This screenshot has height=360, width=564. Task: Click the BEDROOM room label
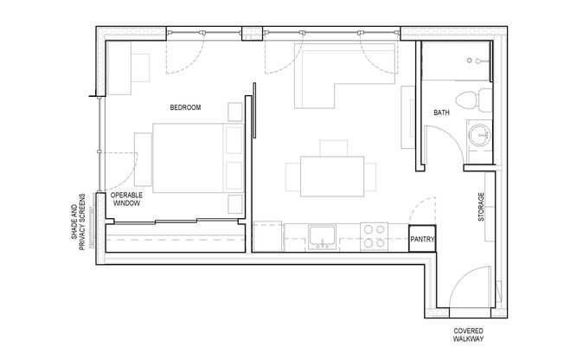(185, 107)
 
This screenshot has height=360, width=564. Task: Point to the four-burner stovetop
(375, 236)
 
